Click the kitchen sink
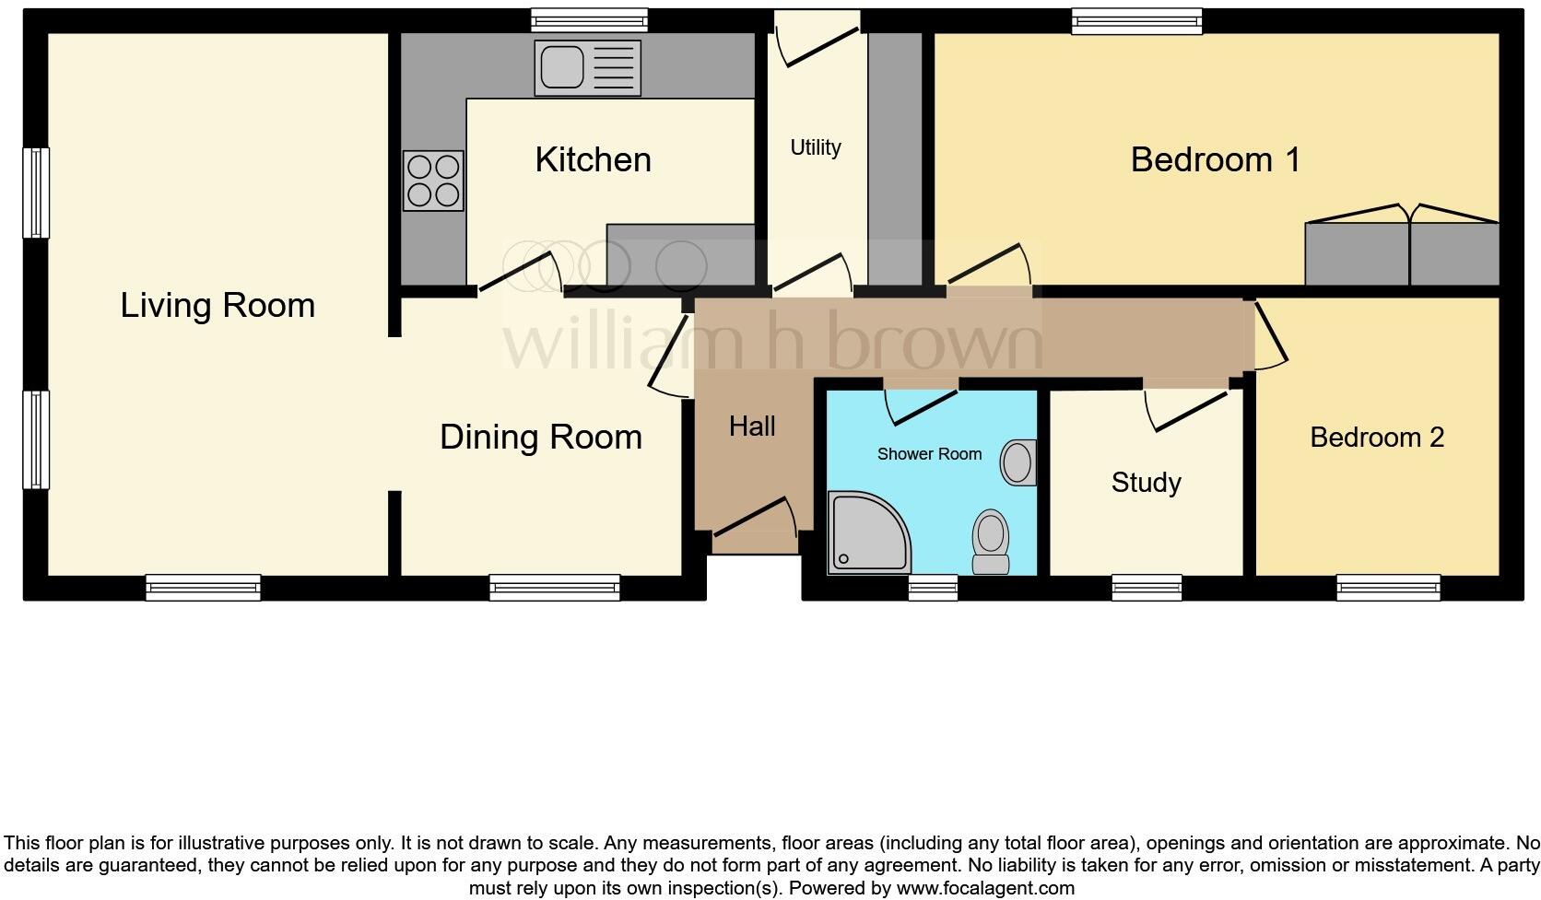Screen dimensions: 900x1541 click(x=587, y=69)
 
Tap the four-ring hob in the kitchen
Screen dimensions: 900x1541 click(x=433, y=181)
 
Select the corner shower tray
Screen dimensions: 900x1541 click(x=866, y=532)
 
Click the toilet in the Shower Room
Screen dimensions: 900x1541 click(x=991, y=542)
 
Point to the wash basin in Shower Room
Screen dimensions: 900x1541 click(x=1018, y=462)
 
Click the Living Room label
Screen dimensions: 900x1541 click(x=218, y=305)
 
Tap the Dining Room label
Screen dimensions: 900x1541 click(x=541, y=437)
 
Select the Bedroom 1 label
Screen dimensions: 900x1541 click(x=1215, y=159)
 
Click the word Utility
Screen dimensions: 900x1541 click(x=816, y=147)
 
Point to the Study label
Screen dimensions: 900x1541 click(x=1146, y=483)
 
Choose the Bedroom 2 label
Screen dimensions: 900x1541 click(x=1376, y=438)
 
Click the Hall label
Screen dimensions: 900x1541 click(x=752, y=427)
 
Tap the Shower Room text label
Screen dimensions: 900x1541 click(x=929, y=454)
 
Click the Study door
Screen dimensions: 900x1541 click(x=1189, y=409)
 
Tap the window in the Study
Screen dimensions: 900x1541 click(x=1147, y=587)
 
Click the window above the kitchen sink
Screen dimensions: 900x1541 click(x=589, y=19)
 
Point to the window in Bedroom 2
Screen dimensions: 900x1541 click(x=1388, y=587)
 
